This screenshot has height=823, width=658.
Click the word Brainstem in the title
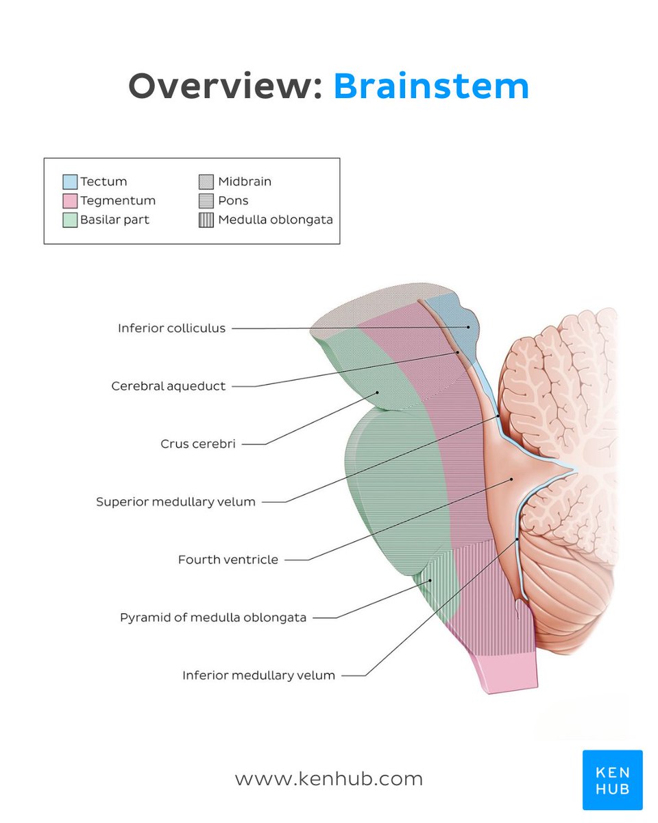(x=431, y=87)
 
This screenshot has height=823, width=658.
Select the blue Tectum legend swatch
(x=70, y=182)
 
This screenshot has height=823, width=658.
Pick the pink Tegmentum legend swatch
(x=70, y=201)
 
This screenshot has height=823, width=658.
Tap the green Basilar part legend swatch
(x=70, y=220)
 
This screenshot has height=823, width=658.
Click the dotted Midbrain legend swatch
(x=206, y=182)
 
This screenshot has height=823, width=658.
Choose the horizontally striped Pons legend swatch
(x=206, y=201)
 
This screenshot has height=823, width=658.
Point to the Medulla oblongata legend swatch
(x=206, y=220)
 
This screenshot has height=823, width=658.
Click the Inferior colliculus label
(x=171, y=329)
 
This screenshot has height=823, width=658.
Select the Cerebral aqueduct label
(x=169, y=386)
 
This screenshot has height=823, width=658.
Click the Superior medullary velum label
(x=175, y=502)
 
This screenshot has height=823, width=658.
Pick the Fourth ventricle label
(x=228, y=560)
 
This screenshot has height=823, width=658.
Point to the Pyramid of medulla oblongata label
(x=213, y=618)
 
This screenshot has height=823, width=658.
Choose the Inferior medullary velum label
(x=258, y=676)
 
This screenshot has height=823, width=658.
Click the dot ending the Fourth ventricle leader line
(x=511, y=479)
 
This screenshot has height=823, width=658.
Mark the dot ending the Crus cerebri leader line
(x=377, y=392)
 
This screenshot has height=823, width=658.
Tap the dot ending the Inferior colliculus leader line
(x=469, y=327)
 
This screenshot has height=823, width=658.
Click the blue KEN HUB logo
(x=612, y=780)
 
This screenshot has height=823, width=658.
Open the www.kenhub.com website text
(x=329, y=779)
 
